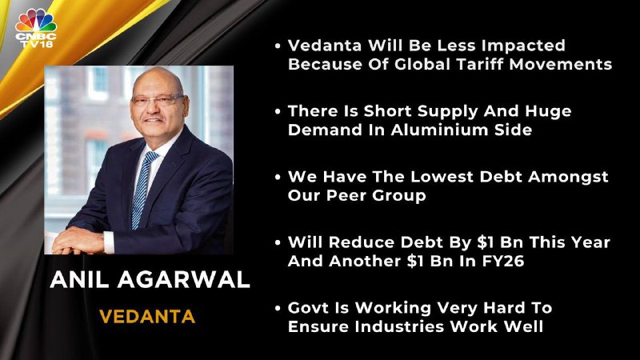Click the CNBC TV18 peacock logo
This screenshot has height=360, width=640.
[36, 28]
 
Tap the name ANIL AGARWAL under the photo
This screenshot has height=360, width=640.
[150, 280]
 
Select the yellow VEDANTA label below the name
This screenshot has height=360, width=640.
[147, 317]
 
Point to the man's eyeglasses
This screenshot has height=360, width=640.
[158, 99]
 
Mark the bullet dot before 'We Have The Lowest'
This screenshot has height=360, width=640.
[278, 177]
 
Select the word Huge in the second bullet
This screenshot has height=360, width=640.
[548, 111]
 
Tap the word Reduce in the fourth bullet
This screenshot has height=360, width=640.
[362, 242]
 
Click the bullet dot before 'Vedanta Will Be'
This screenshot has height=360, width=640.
[278, 46]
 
